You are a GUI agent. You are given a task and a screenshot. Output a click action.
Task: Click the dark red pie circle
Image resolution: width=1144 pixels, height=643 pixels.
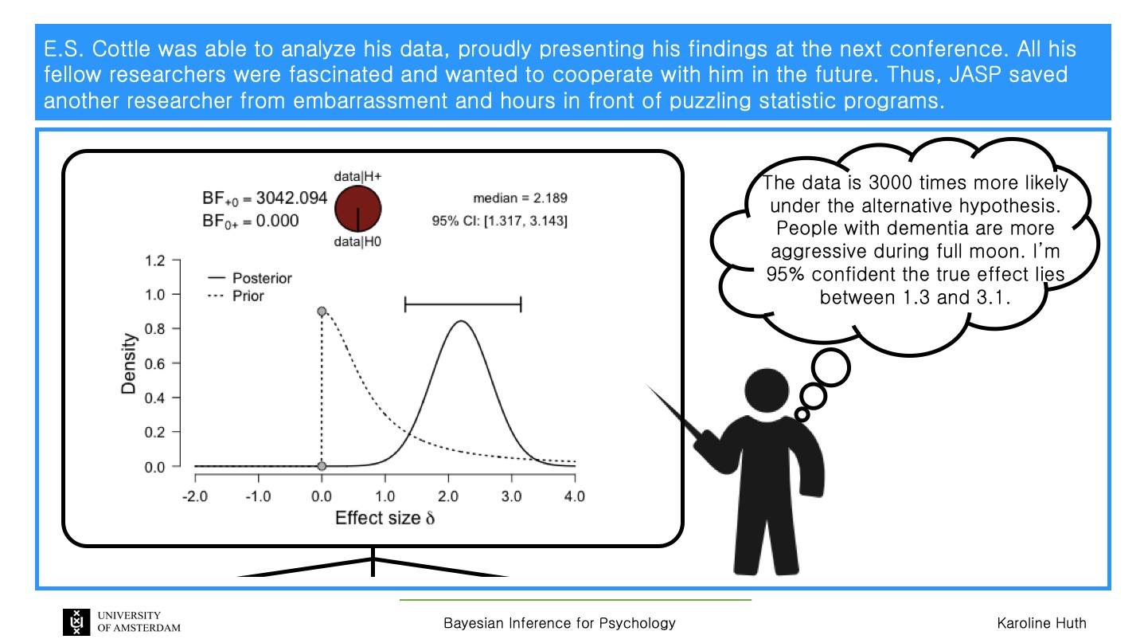click(357, 209)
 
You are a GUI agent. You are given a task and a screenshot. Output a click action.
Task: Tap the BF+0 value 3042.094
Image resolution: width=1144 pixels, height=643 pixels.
click(291, 198)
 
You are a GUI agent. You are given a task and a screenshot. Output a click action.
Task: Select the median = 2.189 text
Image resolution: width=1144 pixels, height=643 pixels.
click(520, 198)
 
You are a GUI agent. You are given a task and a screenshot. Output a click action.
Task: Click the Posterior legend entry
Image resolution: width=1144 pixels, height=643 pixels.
click(250, 278)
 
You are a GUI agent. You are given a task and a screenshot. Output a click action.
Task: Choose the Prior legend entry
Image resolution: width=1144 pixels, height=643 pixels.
click(236, 296)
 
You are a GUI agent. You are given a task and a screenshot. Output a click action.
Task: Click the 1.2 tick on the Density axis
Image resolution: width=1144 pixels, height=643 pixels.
click(154, 261)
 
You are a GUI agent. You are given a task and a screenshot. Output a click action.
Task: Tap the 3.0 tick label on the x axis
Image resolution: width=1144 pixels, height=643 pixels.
click(511, 496)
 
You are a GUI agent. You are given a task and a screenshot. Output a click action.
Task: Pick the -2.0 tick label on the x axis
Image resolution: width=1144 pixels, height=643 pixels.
click(195, 496)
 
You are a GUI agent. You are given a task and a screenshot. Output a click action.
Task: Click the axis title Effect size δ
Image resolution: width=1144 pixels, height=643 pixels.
click(385, 518)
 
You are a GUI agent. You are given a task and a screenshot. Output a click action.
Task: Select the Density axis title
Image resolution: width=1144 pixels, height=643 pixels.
click(129, 363)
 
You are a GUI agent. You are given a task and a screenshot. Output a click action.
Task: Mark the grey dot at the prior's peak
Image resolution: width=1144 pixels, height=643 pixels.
click(322, 312)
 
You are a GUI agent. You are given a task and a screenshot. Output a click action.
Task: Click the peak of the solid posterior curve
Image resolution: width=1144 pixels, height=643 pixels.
click(461, 321)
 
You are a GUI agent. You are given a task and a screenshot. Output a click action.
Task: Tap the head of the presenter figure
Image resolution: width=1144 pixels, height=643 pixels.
click(767, 390)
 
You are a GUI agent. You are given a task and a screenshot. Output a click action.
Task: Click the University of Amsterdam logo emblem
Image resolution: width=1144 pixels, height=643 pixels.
click(76, 622)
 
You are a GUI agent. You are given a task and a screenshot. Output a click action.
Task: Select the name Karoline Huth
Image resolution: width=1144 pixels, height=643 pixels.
click(1041, 623)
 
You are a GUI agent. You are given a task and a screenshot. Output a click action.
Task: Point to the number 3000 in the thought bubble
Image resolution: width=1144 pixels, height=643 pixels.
click(891, 182)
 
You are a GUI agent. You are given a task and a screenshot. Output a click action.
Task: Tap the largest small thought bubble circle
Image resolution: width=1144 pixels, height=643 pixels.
click(831, 367)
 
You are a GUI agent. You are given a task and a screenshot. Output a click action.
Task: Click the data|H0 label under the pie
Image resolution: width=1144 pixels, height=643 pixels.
click(357, 241)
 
